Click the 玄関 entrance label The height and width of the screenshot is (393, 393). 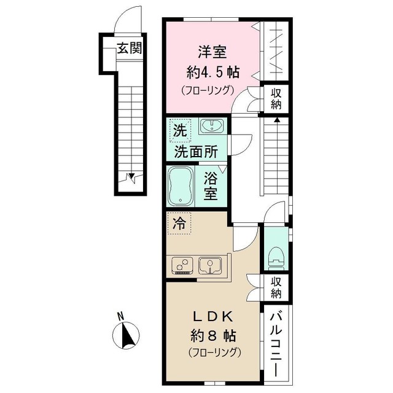point(130,48)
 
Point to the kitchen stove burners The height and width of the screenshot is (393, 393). point(182,265)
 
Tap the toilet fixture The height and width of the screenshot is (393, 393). point(276,257)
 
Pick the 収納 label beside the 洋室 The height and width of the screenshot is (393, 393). point(276,98)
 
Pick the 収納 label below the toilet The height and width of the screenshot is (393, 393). point(276,287)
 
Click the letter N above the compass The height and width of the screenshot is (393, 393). point(121,317)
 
